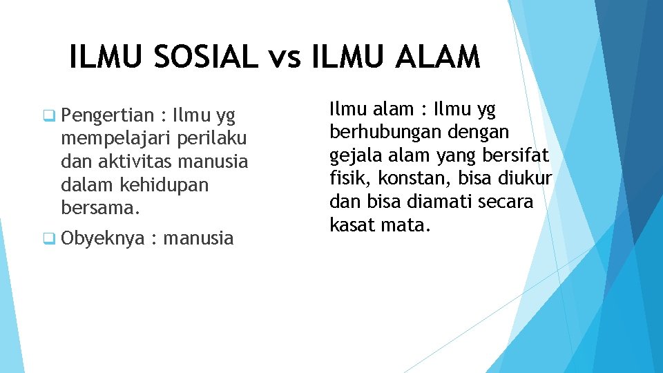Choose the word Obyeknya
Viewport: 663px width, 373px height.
pos(103,239)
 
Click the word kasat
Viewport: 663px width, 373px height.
pos(352,225)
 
